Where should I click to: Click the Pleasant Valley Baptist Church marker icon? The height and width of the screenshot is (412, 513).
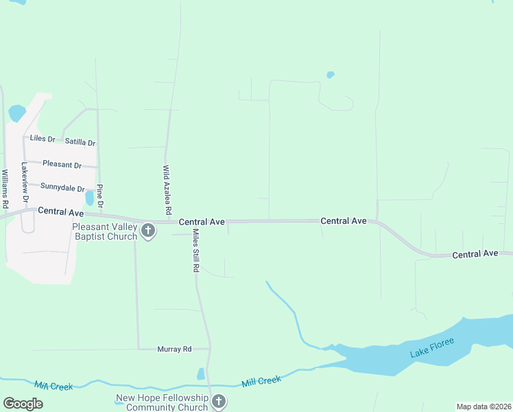(x=148, y=231)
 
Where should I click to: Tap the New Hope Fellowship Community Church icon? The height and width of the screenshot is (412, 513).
(x=218, y=401)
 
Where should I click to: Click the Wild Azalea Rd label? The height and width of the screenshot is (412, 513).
(x=166, y=187)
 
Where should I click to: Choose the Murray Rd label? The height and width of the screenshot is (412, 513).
(x=174, y=350)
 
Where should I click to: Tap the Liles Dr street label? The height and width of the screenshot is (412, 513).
(x=43, y=139)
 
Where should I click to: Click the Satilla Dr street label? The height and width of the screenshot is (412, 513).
(x=80, y=142)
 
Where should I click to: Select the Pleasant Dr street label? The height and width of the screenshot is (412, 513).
(x=62, y=165)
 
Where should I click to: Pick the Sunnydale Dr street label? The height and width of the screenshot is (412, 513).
(x=62, y=187)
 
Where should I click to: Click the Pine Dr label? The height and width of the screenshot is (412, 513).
(x=100, y=196)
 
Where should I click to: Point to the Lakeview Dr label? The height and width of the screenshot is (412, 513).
(x=25, y=182)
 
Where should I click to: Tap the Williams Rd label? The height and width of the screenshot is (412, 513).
(x=5, y=189)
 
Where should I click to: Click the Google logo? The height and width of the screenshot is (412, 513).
(x=23, y=404)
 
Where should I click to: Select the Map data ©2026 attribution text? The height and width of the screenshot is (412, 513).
(x=484, y=407)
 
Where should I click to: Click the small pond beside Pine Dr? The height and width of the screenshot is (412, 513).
(x=89, y=198)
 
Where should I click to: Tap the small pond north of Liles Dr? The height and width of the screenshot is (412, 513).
(x=17, y=112)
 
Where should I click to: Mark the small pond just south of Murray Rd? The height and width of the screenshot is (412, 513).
(x=200, y=374)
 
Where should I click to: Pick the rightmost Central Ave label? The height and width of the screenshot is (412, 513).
(x=475, y=254)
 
